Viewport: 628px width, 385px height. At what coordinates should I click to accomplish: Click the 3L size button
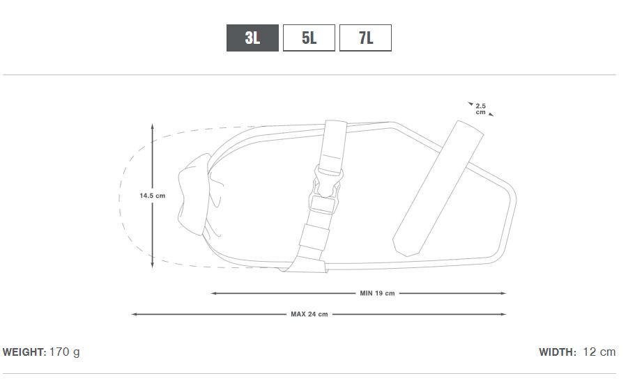[x=252, y=38]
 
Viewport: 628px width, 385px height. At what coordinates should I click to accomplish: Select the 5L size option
[x=309, y=38]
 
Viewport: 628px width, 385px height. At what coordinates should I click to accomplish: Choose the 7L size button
[x=365, y=38]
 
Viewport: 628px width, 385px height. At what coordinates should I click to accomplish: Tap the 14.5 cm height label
[x=152, y=196]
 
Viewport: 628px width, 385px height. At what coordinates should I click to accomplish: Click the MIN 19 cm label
[x=377, y=293]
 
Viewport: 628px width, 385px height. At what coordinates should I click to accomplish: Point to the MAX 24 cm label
[x=309, y=315]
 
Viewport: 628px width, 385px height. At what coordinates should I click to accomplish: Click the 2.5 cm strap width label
[x=481, y=109]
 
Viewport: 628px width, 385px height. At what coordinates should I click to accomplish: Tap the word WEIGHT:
[x=24, y=352]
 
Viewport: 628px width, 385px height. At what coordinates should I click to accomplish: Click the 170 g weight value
[x=65, y=352]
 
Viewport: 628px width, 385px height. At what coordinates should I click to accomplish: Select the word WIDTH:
[x=558, y=352]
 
